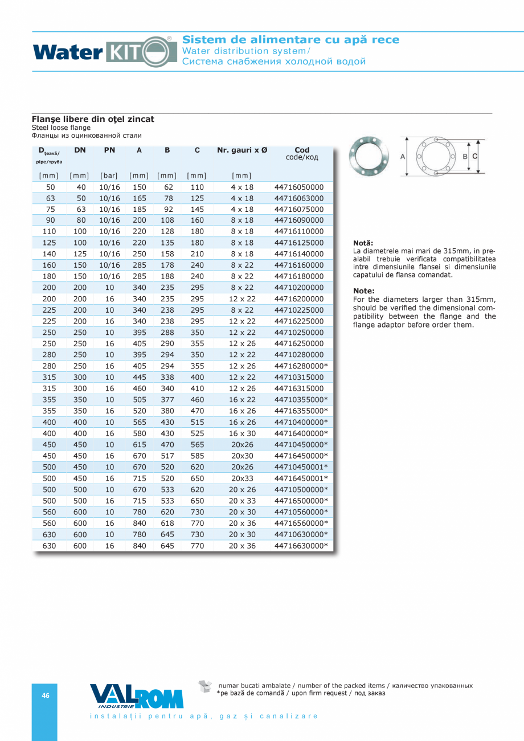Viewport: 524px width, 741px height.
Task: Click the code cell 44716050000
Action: tap(298, 187)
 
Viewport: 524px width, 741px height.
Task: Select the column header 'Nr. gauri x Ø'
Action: tap(242, 150)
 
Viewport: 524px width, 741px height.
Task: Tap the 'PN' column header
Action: tap(109, 150)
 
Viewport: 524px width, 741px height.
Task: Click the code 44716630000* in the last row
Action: tap(301, 546)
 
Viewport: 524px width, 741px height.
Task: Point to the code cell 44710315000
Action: tap(298, 377)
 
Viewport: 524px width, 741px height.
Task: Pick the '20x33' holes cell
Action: tap(242, 478)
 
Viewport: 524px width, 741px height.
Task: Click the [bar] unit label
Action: tap(109, 175)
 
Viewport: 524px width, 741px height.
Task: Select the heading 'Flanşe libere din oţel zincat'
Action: tap(92, 119)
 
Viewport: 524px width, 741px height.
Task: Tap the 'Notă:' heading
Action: tap(363, 243)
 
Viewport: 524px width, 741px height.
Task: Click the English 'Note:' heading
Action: tap(364, 291)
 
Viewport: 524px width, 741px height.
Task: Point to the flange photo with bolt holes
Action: tap(369, 155)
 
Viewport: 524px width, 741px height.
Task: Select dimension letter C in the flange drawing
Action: tap(474, 155)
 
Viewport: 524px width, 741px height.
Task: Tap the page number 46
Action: tap(46, 695)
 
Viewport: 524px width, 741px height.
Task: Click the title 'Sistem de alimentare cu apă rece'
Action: tap(290, 40)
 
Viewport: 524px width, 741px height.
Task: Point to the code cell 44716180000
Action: tap(298, 276)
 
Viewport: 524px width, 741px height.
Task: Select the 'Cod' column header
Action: tap(302, 150)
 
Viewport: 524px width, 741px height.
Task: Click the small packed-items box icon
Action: tap(204, 686)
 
